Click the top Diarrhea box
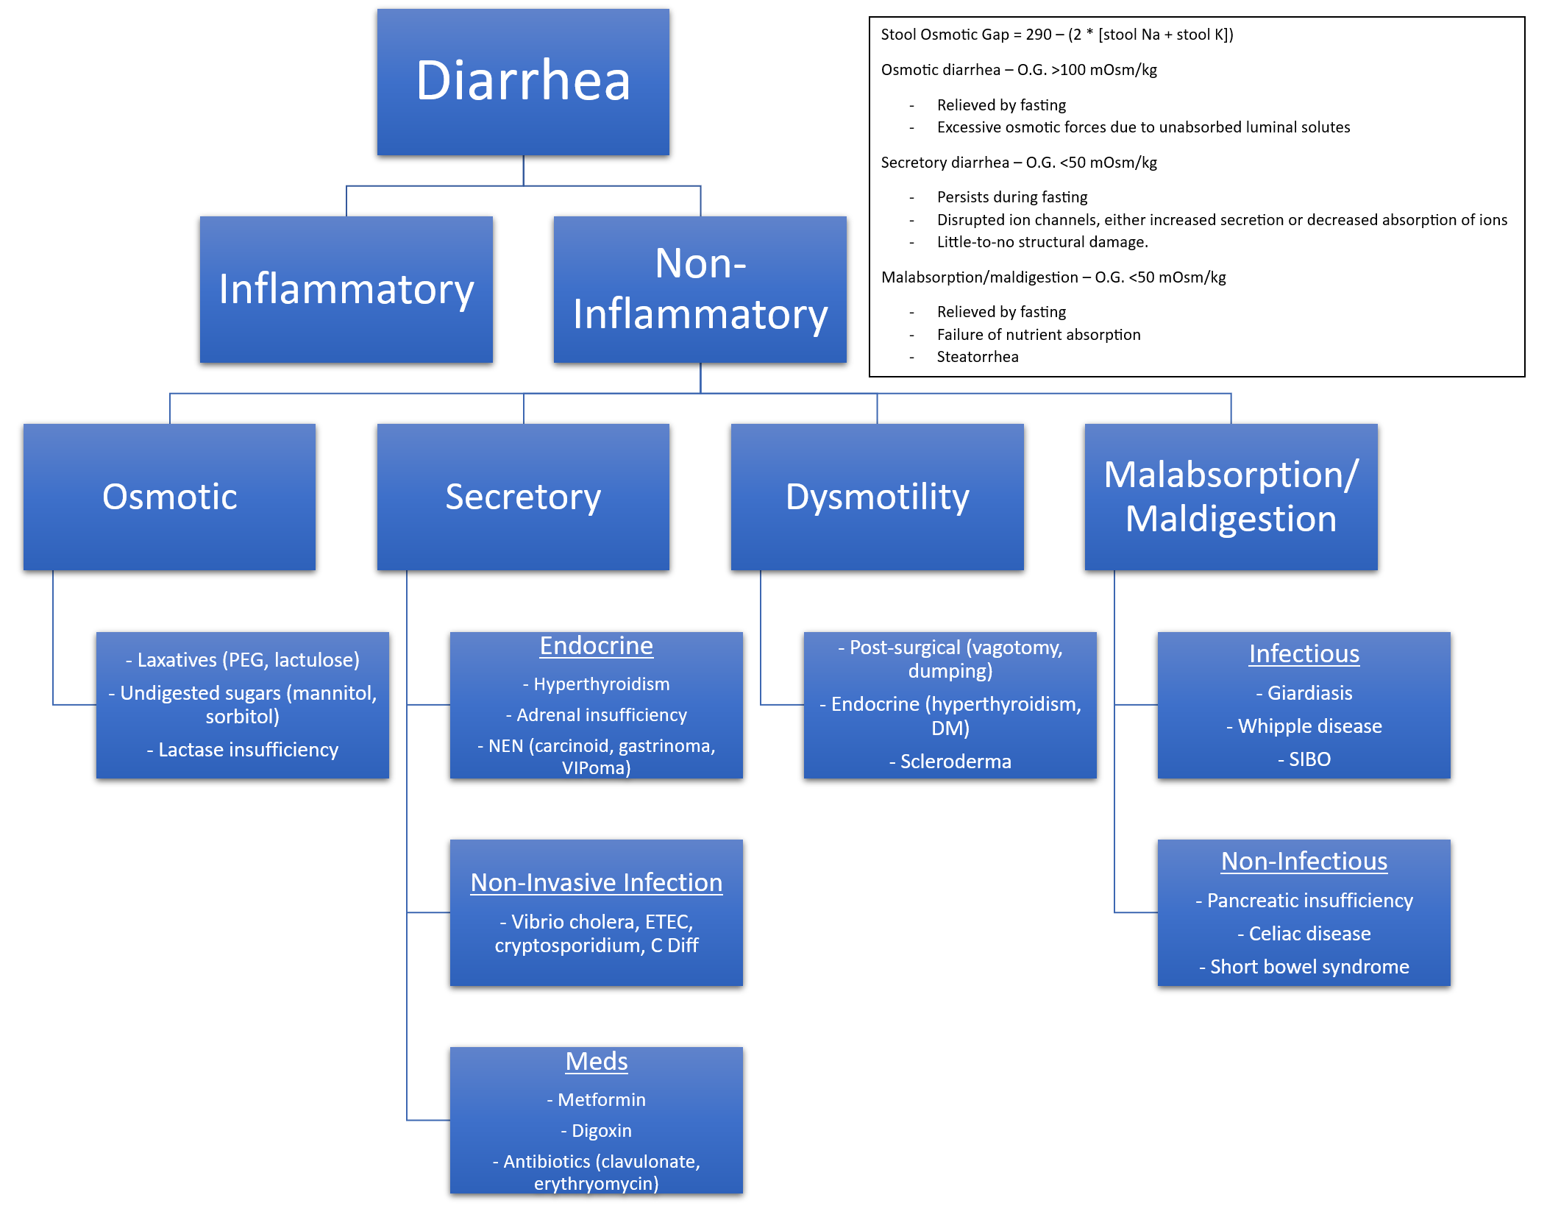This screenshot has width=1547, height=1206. tap(523, 81)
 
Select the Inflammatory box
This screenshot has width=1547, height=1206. tap(346, 289)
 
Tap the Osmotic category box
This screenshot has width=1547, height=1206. tap(169, 497)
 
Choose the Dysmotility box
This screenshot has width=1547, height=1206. tap(877, 497)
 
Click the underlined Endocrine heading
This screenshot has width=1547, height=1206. tap(596, 646)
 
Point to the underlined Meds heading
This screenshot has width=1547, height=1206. tap(596, 1061)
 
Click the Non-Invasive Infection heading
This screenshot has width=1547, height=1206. tap(596, 882)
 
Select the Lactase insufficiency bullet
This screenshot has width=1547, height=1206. tap(243, 750)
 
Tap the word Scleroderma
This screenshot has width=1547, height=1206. tap(956, 762)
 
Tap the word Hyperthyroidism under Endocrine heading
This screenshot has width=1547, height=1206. tap(601, 684)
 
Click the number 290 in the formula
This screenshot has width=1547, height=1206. tap(1039, 35)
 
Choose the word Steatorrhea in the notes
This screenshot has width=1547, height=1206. tap(978, 357)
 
